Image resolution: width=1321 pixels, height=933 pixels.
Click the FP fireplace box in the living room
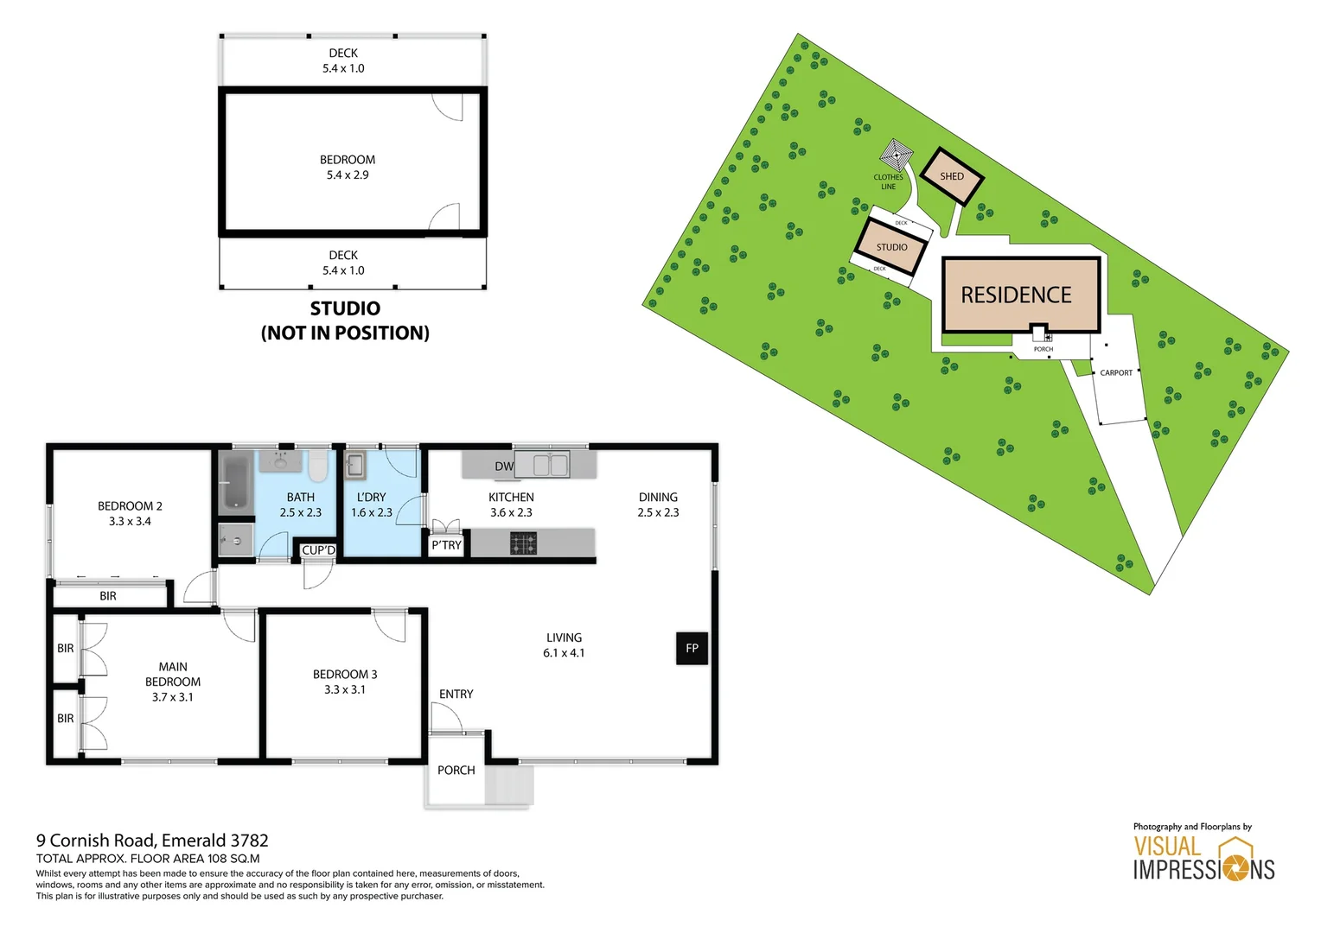click(692, 648)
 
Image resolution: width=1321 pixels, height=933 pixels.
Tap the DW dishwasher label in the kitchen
click(504, 466)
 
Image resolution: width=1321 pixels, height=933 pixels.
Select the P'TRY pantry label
click(446, 545)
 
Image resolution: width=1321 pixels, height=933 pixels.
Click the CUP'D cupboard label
click(318, 550)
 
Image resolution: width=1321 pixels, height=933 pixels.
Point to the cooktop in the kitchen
click(523, 543)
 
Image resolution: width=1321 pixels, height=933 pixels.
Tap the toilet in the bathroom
click(317, 466)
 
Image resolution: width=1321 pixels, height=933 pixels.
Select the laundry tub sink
click(354, 466)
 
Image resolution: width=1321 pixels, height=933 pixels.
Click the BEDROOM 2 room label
click(130, 506)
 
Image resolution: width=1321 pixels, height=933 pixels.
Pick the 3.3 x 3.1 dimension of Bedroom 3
click(345, 689)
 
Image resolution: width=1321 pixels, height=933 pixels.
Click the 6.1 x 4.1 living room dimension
click(564, 653)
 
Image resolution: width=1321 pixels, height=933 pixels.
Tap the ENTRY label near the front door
click(456, 694)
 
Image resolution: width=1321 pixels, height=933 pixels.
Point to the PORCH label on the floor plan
click(456, 770)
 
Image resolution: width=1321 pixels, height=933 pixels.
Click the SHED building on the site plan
click(951, 176)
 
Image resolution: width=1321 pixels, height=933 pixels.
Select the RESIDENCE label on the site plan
click(1016, 295)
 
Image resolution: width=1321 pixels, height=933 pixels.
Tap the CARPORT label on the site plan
click(1116, 373)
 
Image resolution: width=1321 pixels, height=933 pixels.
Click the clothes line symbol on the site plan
click(897, 156)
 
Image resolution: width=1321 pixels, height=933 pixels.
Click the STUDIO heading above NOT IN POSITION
click(345, 308)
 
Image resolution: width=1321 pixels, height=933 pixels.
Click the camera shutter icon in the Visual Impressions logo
click(1235, 867)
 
